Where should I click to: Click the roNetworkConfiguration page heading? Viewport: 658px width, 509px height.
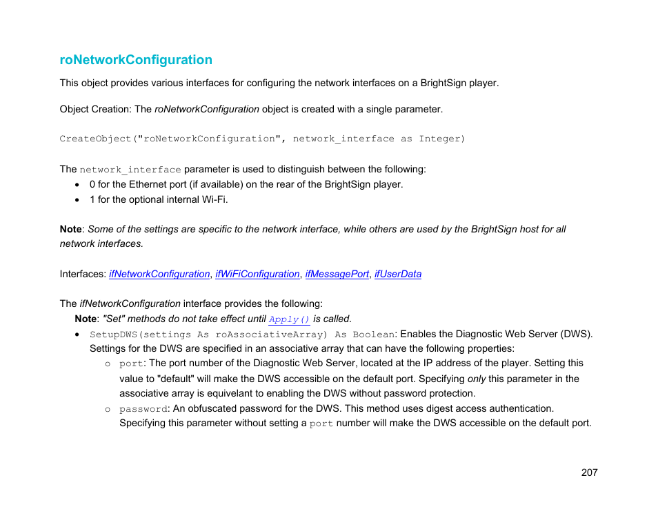coord(136,60)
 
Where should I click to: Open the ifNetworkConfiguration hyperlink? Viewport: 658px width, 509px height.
coord(159,274)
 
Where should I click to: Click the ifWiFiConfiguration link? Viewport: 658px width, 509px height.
coord(257,274)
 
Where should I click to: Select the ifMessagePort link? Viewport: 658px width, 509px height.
coord(337,274)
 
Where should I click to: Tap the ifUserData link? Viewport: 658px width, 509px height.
coord(398,274)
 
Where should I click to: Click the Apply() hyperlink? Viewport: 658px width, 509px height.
coord(289,319)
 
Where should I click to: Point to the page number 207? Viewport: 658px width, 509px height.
coord(589,472)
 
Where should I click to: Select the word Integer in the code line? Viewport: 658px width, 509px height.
coord(442,139)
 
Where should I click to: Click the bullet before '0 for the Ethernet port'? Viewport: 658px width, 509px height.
coord(78,185)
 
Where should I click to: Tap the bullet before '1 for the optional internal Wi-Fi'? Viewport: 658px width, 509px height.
coord(78,200)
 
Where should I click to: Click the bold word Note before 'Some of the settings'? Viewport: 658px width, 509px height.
coord(70,229)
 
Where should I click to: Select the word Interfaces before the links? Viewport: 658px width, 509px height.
coord(82,274)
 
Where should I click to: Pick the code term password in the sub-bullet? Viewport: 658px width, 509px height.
coord(143,409)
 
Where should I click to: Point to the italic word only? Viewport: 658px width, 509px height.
coord(477,379)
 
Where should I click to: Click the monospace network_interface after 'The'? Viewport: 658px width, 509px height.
coord(130,170)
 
